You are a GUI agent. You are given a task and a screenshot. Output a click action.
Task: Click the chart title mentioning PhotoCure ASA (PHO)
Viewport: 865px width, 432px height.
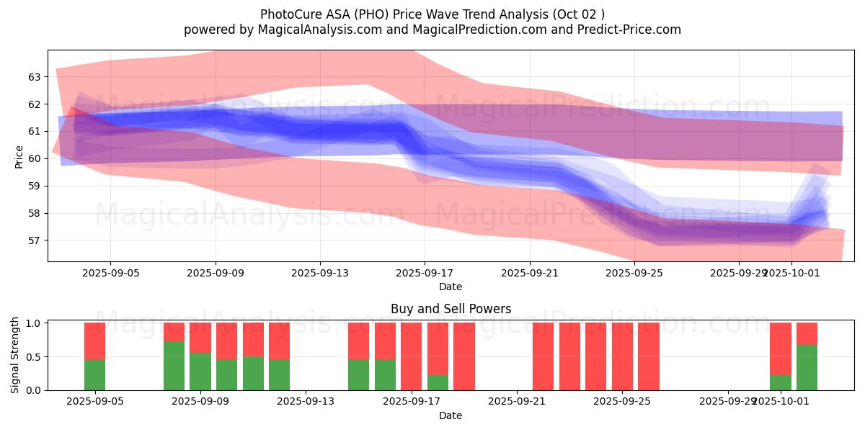[x=432, y=14]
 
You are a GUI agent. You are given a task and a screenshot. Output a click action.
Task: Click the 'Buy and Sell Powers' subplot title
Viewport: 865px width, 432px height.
[x=451, y=309]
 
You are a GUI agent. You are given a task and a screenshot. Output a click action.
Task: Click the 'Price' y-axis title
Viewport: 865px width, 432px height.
[x=19, y=156]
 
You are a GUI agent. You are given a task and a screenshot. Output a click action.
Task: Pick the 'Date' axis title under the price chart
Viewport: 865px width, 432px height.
[x=451, y=287]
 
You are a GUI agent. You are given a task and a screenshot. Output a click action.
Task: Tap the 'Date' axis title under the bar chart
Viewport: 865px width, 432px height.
[x=451, y=415]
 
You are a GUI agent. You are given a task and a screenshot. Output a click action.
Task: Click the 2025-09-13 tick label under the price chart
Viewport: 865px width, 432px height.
[x=320, y=273]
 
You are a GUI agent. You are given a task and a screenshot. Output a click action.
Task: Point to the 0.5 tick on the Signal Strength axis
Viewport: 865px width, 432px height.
[x=33, y=357]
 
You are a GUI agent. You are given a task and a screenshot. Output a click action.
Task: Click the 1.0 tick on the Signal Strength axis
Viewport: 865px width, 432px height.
[x=33, y=323]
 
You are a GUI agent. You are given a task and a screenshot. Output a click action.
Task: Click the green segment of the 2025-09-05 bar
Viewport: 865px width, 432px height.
[x=94, y=374]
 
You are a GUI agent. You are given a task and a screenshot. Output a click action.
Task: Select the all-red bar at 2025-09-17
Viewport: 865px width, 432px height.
[x=411, y=356]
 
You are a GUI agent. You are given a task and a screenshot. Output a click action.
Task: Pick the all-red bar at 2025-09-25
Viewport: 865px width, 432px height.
[x=622, y=356]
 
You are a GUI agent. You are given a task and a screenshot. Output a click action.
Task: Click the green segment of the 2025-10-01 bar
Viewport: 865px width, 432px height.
[x=781, y=382]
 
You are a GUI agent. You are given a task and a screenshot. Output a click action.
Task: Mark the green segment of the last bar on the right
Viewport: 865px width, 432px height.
[x=807, y=367]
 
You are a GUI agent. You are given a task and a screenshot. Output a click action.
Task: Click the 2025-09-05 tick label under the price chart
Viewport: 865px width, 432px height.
[x=110, y=273]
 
